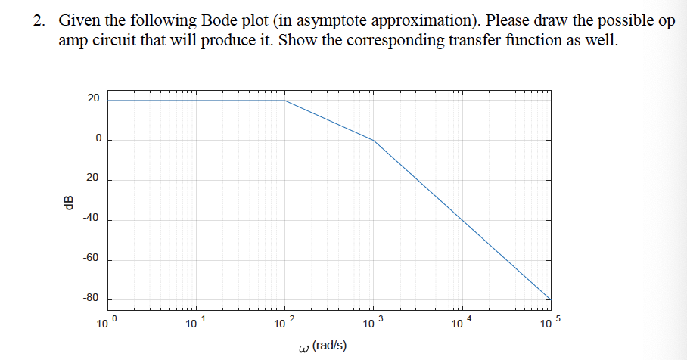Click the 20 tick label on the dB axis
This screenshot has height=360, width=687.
92,99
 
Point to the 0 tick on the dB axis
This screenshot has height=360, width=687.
98,140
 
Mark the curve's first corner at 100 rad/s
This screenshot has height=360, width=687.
285,100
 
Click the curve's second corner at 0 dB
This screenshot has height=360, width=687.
374,141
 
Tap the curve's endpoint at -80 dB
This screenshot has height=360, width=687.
550,299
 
